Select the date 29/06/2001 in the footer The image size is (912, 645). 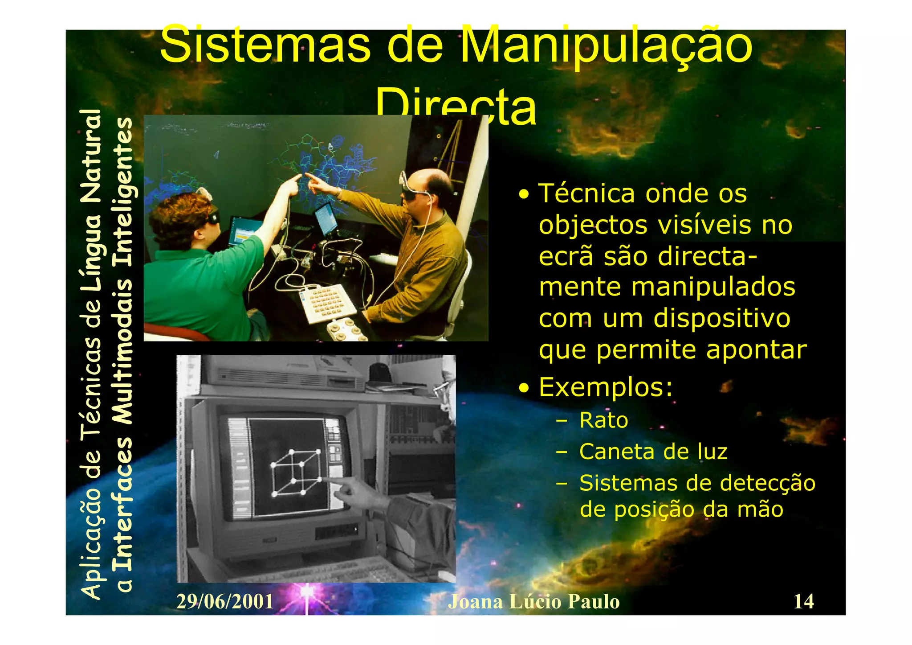[225, 602]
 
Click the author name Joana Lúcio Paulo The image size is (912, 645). [533, 602]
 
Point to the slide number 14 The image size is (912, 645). [803, 601]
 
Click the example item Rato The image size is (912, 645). [603, 420]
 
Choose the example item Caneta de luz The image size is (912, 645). [653, 452]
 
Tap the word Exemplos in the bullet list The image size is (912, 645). [605, 387]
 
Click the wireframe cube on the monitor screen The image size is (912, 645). [296, 472]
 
